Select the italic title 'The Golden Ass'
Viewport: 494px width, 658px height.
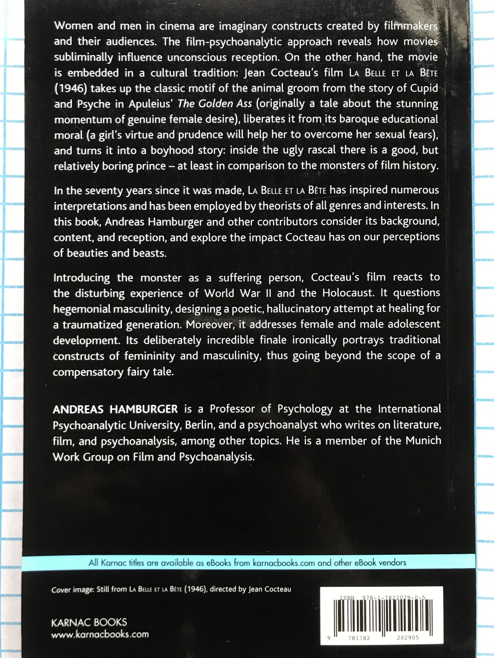pos(215,104)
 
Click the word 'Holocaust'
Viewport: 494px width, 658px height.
pos(348,293)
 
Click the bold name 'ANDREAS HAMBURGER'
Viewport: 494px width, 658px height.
pos(115,409)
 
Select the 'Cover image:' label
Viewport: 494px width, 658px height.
pos(72,590)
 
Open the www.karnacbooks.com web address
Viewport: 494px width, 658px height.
pos(100,634)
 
